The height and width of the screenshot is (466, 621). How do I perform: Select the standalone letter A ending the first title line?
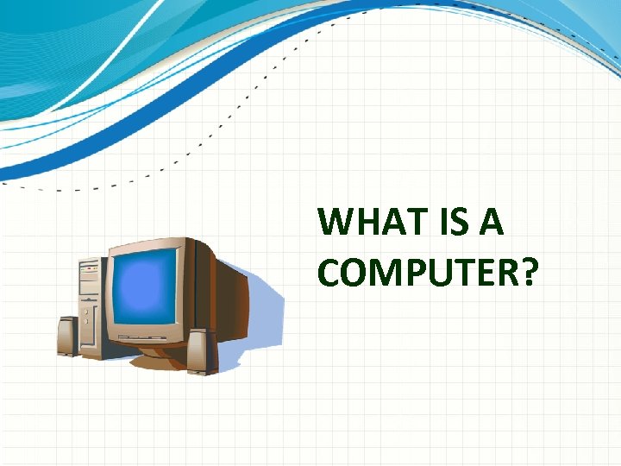pyautogui.click(x=491, y=223)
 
